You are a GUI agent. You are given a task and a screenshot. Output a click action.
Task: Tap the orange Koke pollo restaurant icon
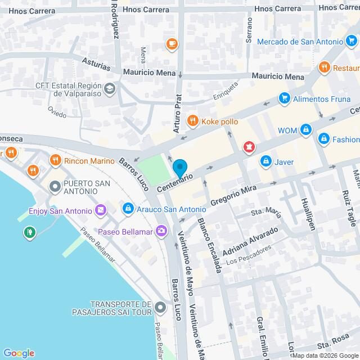pos(192,120)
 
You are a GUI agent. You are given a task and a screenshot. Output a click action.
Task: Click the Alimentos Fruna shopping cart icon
pos(284,98)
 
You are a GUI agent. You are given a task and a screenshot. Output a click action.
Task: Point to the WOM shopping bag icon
pos(305,130)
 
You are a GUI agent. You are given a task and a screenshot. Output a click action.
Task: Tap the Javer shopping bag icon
pos(265,161)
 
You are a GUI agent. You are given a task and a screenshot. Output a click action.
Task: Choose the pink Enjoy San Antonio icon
pos(101,210)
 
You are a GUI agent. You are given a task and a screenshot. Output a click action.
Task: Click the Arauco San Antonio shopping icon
pos(128,209)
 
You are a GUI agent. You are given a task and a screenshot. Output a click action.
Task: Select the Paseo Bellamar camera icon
pos(162,230)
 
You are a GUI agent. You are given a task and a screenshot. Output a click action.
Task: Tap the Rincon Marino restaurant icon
pos(55,160)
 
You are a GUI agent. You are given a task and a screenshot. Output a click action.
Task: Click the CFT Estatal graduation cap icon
pos(110,88)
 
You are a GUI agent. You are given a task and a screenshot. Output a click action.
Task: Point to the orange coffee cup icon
pos(172,43)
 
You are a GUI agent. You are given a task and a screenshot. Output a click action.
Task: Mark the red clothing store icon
pos(247,147)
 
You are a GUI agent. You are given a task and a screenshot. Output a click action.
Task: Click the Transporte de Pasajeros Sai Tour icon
pos(161,307)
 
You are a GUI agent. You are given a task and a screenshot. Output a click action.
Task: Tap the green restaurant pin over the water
pos(28,231)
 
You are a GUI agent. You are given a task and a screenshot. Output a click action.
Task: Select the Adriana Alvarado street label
pos(250,240)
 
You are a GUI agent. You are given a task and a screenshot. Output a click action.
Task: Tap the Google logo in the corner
pos(18,353)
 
